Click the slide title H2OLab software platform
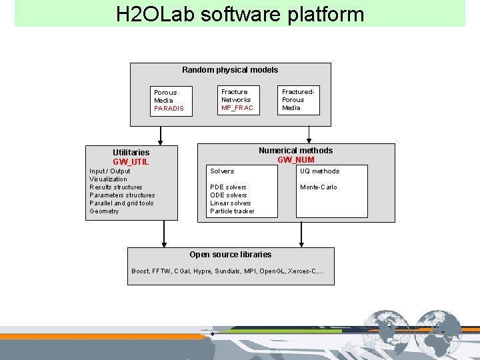[x=240, y=14]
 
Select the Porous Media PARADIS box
[x=172, y=101]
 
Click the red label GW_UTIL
[x=131, y=162]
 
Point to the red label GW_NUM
[x=295, y=160]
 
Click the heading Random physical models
[x=230, y=70]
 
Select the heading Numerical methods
[x=295, y=151]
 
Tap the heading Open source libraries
[x=230, y=255]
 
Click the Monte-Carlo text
[x=319, y=187]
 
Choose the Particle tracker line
[x=232, y=211]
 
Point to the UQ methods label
[x=319, y=171]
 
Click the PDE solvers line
[x=228, y=187]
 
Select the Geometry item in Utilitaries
[x=104, y=211]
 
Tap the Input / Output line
[x=110, y=171]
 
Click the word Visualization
[x=108, y=179]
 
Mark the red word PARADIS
[x=169, y=109]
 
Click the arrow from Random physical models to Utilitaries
[x=161, y=135]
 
